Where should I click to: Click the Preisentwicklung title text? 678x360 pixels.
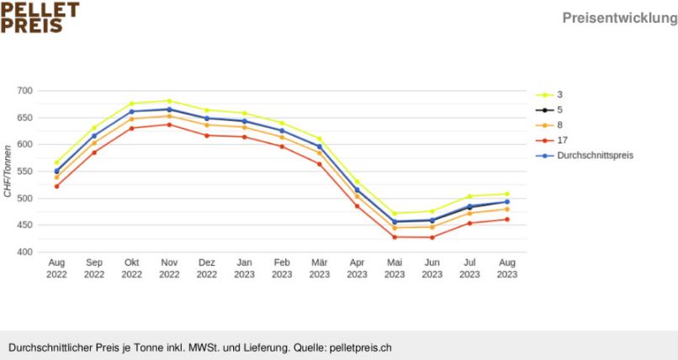[x=621, y=19]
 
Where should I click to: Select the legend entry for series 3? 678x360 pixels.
[x=560, y=95]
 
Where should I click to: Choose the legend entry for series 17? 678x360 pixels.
[x=562, y=140]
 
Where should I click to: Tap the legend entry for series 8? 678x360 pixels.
[x=560, y=125]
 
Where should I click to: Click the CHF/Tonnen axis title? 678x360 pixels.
[x=8, y=172]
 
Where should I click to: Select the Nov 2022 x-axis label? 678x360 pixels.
[x=169, y=268]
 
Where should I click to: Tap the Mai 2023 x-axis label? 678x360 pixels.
[x=395, y=268]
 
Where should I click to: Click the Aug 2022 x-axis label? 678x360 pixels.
[x=56, y=268]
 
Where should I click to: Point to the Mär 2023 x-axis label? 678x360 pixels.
[x=320, y=268]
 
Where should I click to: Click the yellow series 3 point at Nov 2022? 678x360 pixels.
[x=169, y=101]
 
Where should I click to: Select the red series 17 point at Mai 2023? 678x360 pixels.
[x=395, y=237]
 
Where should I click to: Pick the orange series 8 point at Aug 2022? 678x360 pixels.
[x=56, y=177]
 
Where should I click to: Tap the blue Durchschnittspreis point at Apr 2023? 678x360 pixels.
[x=357, y=190]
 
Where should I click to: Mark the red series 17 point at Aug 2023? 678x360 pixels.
[x=507, y=220]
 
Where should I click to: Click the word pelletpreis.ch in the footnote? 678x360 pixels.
[x=361, y=347]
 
